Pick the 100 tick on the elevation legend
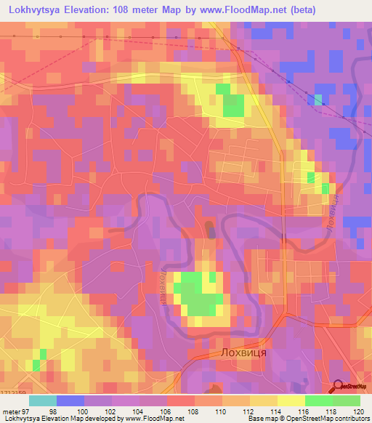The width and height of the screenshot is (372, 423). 84,411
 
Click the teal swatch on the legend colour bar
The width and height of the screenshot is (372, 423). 43,400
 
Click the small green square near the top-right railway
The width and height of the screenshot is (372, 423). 318,100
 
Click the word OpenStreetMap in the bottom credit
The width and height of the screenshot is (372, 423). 315,419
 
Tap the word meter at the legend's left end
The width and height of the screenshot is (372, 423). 11,411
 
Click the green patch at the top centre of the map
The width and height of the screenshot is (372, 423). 232,105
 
